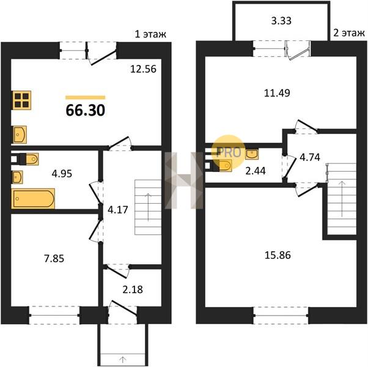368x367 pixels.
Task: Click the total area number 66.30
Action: [x=86, y=110]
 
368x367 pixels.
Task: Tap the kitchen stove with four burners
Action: [x=21, y=100]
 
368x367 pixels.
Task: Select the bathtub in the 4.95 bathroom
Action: [x=33, y=198]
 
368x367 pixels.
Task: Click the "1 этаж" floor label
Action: [x=150, y=34]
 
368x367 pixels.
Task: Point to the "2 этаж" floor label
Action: [x=349, y=33]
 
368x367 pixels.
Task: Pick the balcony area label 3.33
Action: [x=281, y=21]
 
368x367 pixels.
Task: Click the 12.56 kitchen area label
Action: [x=143, y=69]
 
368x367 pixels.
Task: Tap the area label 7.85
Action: [x=54, y=259]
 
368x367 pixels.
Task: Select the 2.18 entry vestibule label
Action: [x=133, y=289]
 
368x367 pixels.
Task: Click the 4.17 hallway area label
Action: [x=118, y=210]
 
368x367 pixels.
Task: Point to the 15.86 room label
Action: [x=278, y=255]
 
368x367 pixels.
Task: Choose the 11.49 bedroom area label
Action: [x=277, y=93]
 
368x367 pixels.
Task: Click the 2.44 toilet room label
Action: [x=256, y=171]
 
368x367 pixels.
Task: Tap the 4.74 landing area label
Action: [x=310, y=157]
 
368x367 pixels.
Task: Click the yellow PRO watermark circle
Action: [x=229, y=152]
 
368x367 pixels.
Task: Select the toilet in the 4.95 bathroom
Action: [x=29, y=159]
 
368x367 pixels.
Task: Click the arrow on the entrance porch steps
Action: [x=122, y=359]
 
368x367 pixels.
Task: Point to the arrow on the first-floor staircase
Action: [x=149, y=207]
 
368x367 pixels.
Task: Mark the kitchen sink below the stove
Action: [x=19, y=135]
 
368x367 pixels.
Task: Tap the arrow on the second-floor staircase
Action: [x=342, y=199]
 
